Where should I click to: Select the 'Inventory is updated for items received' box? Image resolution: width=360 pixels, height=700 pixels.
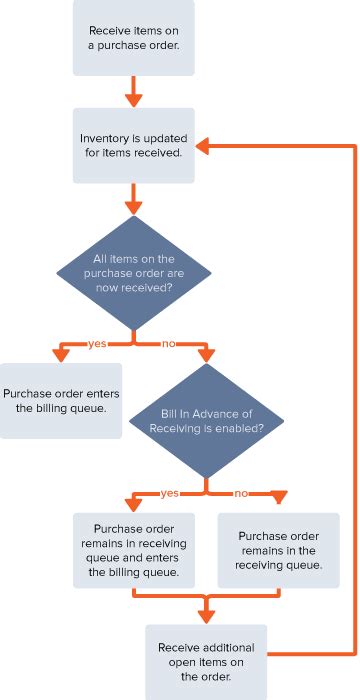click(133, 146)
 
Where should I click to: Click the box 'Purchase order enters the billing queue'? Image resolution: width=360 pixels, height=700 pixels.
click(60, 400)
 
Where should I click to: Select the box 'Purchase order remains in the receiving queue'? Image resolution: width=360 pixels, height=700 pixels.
click(279, 550)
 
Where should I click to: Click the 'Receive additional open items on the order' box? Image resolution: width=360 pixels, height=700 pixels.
click(205, 661)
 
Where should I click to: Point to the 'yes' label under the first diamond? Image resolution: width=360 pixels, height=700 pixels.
click(97, 343)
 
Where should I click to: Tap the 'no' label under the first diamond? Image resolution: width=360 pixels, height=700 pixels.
click(169, 343)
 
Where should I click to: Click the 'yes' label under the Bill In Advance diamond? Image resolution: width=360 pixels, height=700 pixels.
click(170, 493)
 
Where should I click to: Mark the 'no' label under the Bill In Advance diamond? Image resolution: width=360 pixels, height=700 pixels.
click(241, 493)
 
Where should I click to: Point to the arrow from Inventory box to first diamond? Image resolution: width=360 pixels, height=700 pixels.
click(133, 200)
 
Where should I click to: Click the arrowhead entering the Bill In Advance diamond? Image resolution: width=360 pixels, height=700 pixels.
click(205, 356)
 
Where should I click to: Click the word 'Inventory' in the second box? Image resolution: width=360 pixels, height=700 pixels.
click(105, 139)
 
